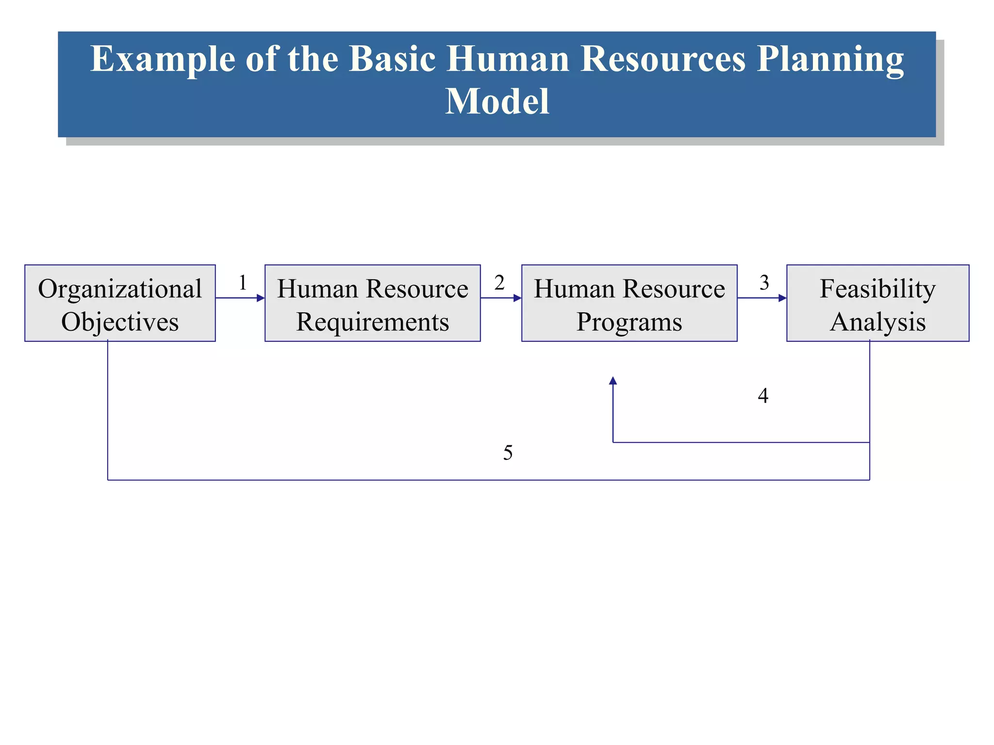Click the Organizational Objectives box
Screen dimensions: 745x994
pyautogui.click(x=120, y=303)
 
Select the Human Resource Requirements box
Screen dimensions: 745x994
pyautogui.click(x=372, y=303)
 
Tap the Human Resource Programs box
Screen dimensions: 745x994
pyautogui.click(x=629, y=303)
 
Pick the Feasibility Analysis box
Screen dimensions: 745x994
pyautogui.click(x=878, y=303)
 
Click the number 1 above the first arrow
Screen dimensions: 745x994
pyautogui.click(x=243, y=282)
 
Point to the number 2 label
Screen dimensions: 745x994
pyautogui.click(x=499, y=282)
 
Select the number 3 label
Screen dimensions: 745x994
pyautogui.click(x=764, y=282)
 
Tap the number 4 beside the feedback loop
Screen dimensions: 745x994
pyautogui.click(x=763, y=396)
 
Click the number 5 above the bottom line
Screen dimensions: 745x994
pyautogui.click(x=508, y=453)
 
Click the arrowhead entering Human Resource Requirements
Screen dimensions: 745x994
pyautogui.click(x=261, y=298)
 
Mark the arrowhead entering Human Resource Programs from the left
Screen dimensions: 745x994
pyautogui.click(x=517, y=298)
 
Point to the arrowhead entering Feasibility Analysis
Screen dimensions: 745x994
pyautogui.click(x=782, y=298)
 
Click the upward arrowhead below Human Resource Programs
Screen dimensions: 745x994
pyautogui.click(x=613, y=381)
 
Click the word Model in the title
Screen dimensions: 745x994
pyautogui.click(x=497, y=101)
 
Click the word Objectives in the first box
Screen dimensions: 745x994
pyautogui.click(x=120, y=322)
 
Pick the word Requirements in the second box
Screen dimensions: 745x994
pyautogui.click(x=372, y=322)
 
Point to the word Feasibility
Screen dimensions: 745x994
pyautogui.click(x=878, y=289)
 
